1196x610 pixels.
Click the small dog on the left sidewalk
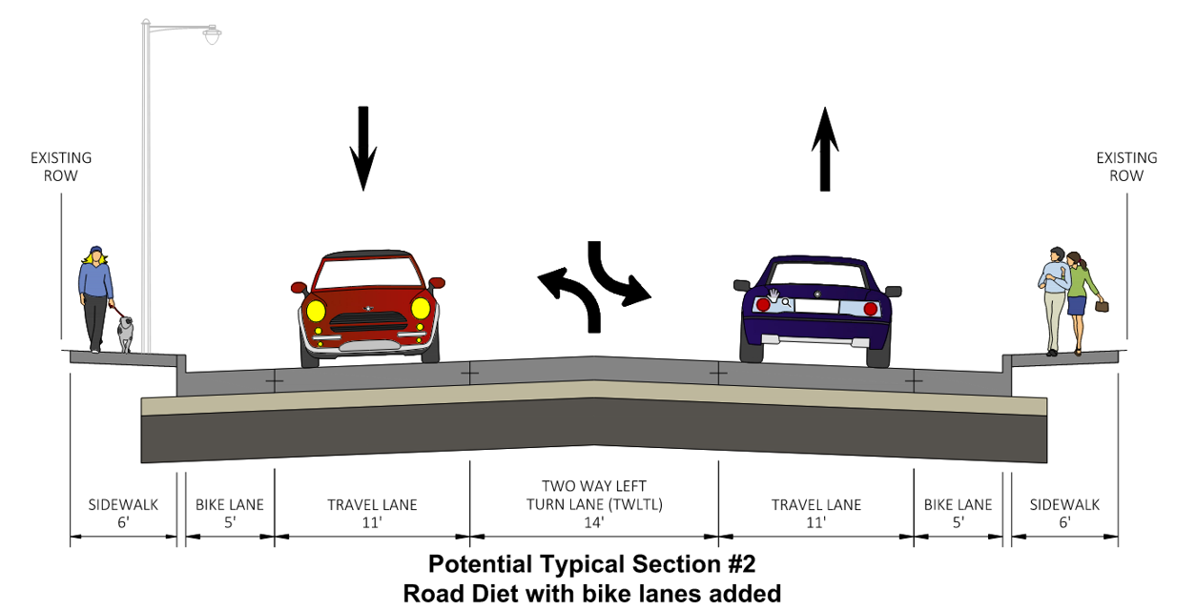click(x=125, y=335)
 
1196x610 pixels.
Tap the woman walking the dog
click(x=95, y=295)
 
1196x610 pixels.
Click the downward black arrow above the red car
click(x=363, y=148)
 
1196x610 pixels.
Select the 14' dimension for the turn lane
click(x=593, y=522)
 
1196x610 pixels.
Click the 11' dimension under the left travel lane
click(x=372, y=522)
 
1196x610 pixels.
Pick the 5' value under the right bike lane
click(x=958, y=522)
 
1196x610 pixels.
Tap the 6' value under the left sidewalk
click(x=123, y=522)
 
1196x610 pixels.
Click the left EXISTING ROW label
click(x=61, y=167)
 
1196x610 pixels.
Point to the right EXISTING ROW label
click(x=1126, y=167)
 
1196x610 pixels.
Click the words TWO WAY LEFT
click(x=593, y=486)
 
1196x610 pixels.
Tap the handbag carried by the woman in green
click(x=1103, y=306)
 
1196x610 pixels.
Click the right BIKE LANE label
click(x=958, y=504)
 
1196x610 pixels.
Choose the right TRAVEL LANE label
click(x=816, y=504)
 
